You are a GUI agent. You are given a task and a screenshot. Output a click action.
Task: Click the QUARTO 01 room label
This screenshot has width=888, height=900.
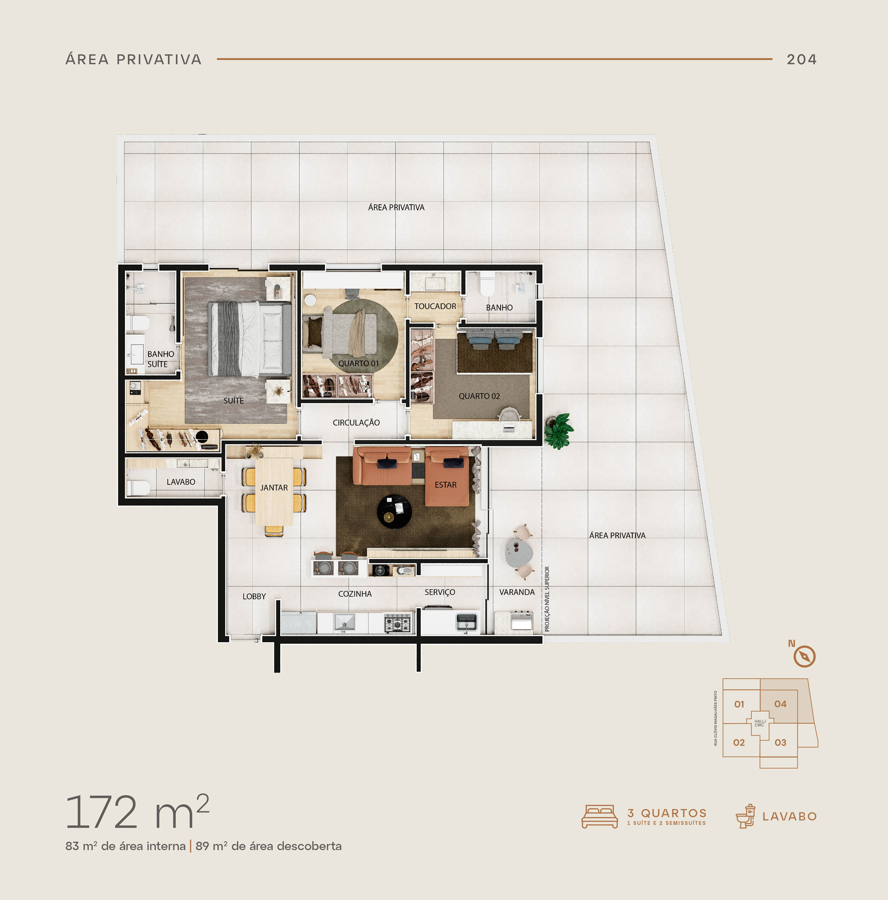(x=358, y=364)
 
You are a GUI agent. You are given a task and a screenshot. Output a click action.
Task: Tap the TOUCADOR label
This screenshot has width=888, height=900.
(x=435, y=306)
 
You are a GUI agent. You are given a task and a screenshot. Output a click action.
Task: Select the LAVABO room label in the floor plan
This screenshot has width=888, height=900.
(x=181, y=482)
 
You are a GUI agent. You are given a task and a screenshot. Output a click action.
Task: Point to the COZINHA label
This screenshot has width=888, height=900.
(x=354, y=594)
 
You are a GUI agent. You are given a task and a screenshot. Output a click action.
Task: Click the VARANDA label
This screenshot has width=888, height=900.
(x=517, y=592)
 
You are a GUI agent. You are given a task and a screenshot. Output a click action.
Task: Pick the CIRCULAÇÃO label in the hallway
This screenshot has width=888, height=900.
(x=356, y=423)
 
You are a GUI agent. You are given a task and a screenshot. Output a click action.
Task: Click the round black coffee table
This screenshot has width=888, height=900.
(x=394, y=512)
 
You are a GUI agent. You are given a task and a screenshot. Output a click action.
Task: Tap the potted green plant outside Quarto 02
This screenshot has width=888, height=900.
(x=559, y=430)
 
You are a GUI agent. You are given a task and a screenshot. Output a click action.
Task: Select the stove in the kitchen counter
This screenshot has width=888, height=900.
(x=398, y=623)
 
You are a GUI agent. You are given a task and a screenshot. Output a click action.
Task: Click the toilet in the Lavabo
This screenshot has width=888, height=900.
(x=138, y=488)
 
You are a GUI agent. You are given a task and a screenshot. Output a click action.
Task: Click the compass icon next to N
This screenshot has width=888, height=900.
(x=805, y=657)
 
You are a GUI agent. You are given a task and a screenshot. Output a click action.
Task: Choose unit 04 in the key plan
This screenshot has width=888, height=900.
(x=780, y=704)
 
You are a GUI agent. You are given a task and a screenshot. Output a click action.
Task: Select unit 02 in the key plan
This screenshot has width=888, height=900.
(x=739, y=742)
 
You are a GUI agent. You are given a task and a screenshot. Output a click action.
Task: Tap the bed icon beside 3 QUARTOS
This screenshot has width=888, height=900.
(x=600, y=816)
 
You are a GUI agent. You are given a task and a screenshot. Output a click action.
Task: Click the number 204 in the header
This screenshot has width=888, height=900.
(x=802, y=59)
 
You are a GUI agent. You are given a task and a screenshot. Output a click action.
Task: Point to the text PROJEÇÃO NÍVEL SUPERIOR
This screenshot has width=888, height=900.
(x=547, y=599)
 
